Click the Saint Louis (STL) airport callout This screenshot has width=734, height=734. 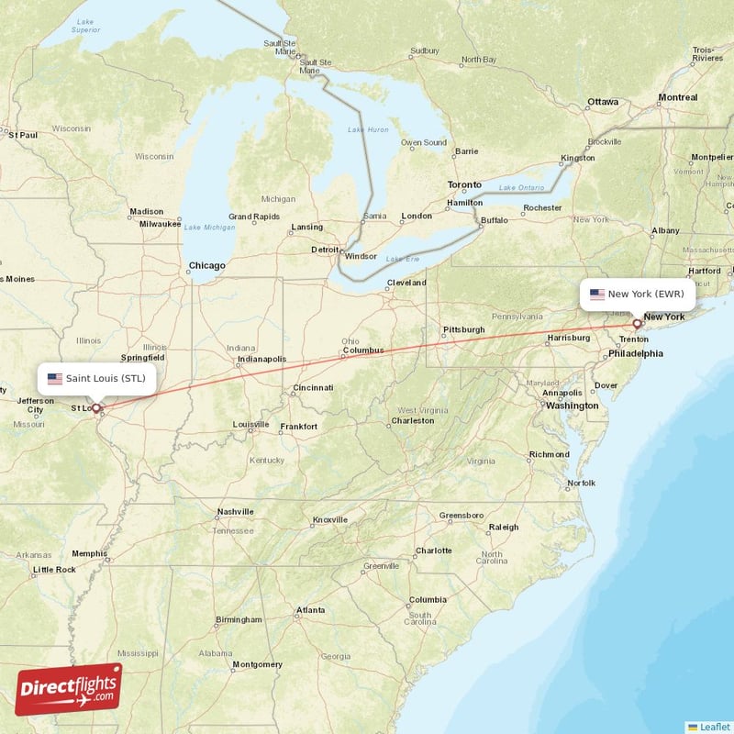[x=96, y=378]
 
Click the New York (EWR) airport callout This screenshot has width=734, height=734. [x=638, y=295]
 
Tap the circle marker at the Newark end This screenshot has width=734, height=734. [x=637, y=324]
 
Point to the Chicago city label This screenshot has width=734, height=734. [x=206, y=266]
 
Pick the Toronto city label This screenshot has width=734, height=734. [x=463, y=184]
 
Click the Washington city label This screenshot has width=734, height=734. [x=572, y=406]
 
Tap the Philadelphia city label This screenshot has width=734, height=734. [x=635, y=353]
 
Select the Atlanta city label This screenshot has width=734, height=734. [x=310, y=610]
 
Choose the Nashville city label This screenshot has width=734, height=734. [x=235, y=512]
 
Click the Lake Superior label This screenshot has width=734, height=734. [x=85, y=25]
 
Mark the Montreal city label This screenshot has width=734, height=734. [x=677, y=97]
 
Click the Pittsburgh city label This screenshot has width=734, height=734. [x=463, y=329]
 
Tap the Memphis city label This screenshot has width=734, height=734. [x=89, y=553]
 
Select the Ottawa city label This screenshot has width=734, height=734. [x=603, y=101]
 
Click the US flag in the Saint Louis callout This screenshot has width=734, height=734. [x=54, y=378]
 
